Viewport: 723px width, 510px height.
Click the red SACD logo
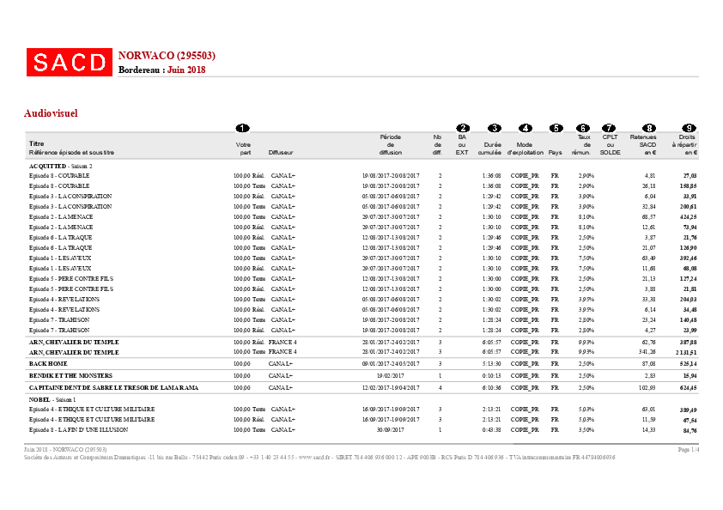coord(69,62)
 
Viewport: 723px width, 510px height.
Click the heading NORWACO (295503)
coord(167,56)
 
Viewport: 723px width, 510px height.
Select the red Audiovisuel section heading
coord(52,112)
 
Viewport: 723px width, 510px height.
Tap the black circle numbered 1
coord(243,128)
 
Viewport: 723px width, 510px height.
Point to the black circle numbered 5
coord(556,128)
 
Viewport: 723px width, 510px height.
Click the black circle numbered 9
coord(689,128)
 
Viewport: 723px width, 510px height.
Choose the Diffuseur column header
coord(280,152)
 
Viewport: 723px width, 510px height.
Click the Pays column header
coord(556,152)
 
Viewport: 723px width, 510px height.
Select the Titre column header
coord(36,144)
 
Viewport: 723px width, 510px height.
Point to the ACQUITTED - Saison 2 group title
coord(60,166)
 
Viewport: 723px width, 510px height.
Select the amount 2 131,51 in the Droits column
coord(685,352)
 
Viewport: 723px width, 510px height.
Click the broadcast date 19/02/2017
coord(389,376)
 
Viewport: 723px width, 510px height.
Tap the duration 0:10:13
coord(492,376)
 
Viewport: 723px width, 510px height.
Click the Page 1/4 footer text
coord(690,449)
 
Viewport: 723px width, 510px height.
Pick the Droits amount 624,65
coord(688,388)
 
